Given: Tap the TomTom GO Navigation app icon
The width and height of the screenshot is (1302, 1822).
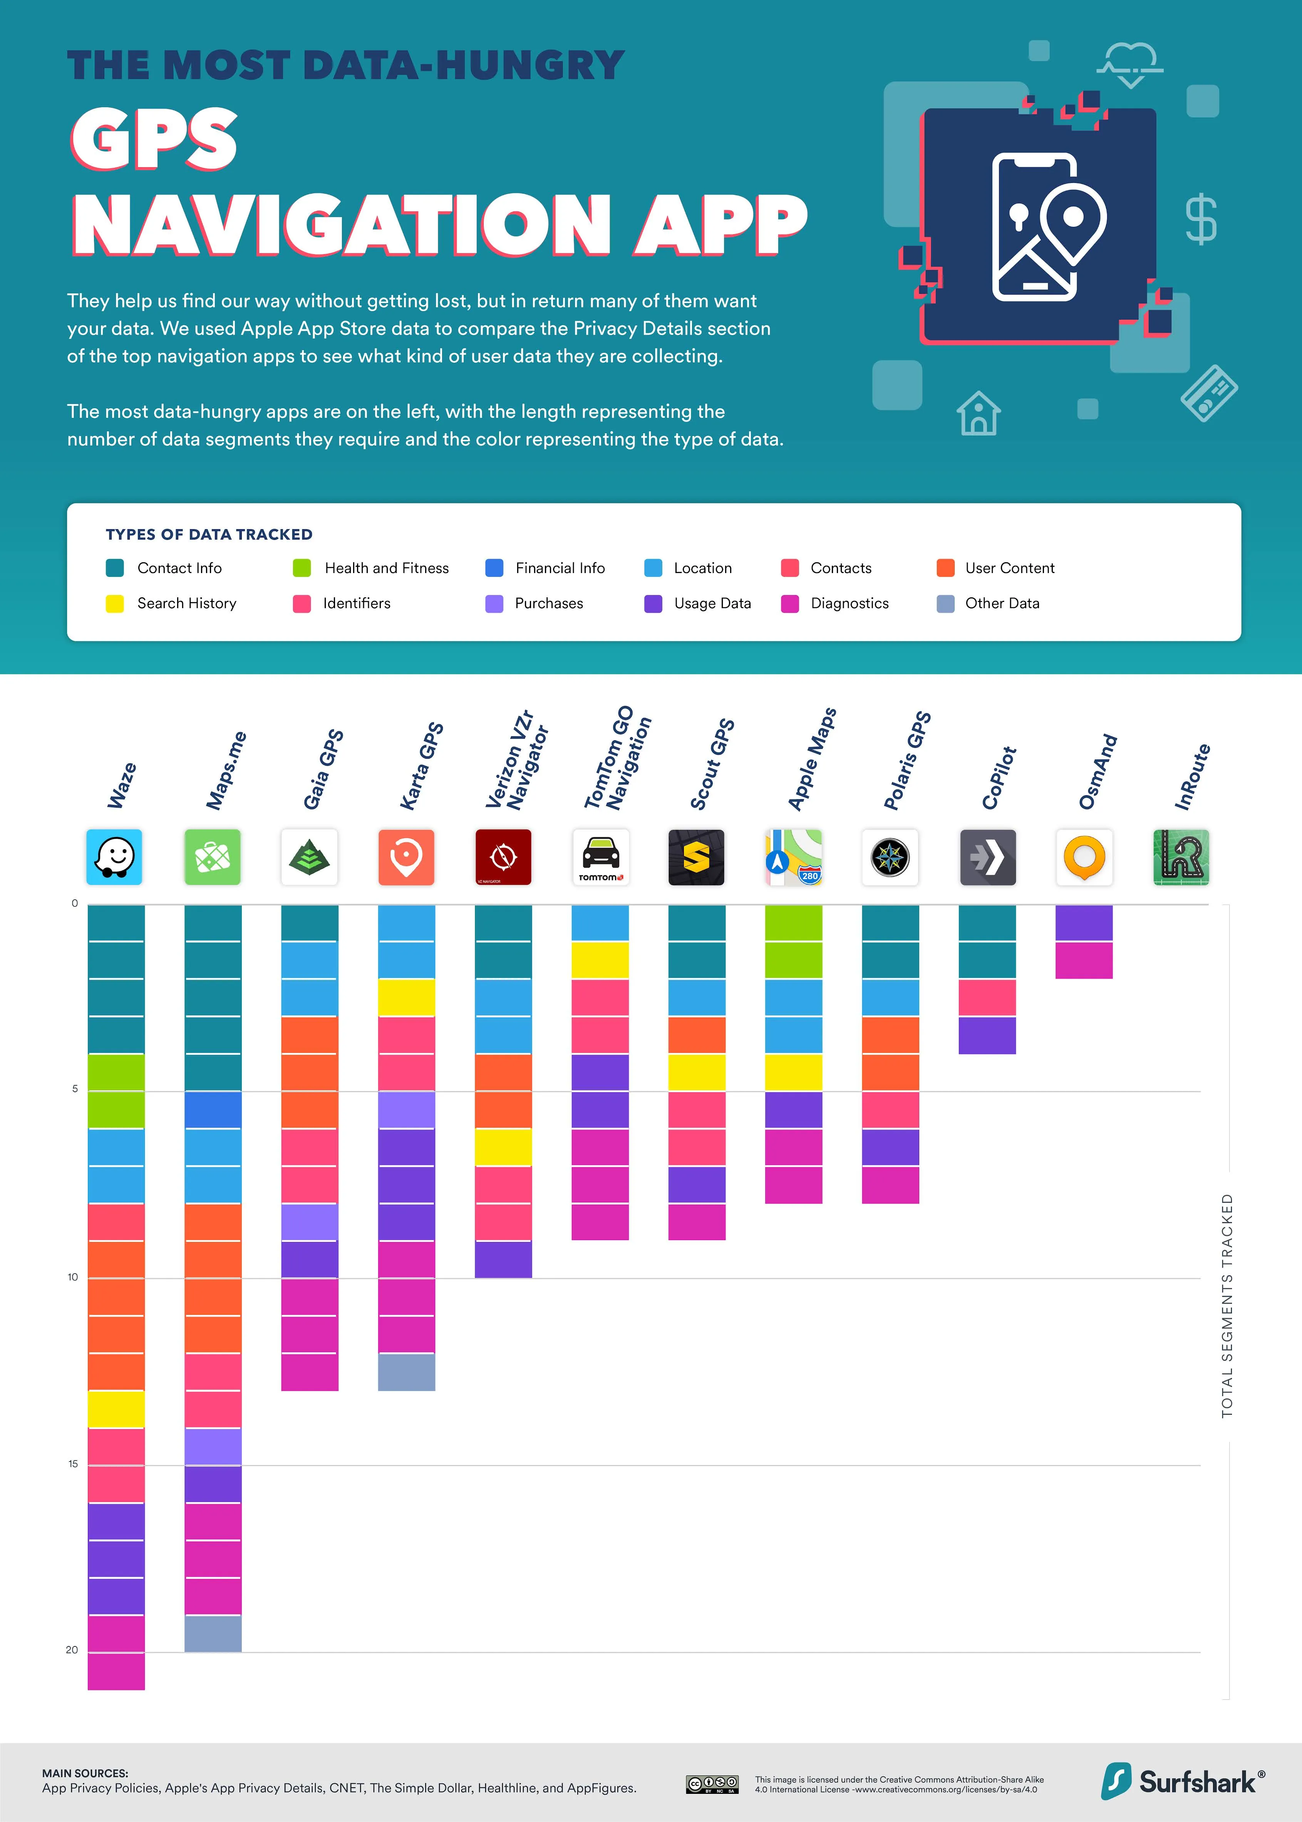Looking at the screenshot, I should pos(600,857).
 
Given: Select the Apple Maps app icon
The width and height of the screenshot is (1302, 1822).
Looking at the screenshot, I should pos(794,857).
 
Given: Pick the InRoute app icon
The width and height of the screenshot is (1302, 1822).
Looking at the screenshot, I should pos(1181,857).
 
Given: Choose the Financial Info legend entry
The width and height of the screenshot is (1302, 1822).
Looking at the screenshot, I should pos(560,568).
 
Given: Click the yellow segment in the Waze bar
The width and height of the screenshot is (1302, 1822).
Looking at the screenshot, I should pos(116,1408).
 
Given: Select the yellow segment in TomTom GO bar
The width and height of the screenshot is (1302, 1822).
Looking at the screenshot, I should pos(600,959).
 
